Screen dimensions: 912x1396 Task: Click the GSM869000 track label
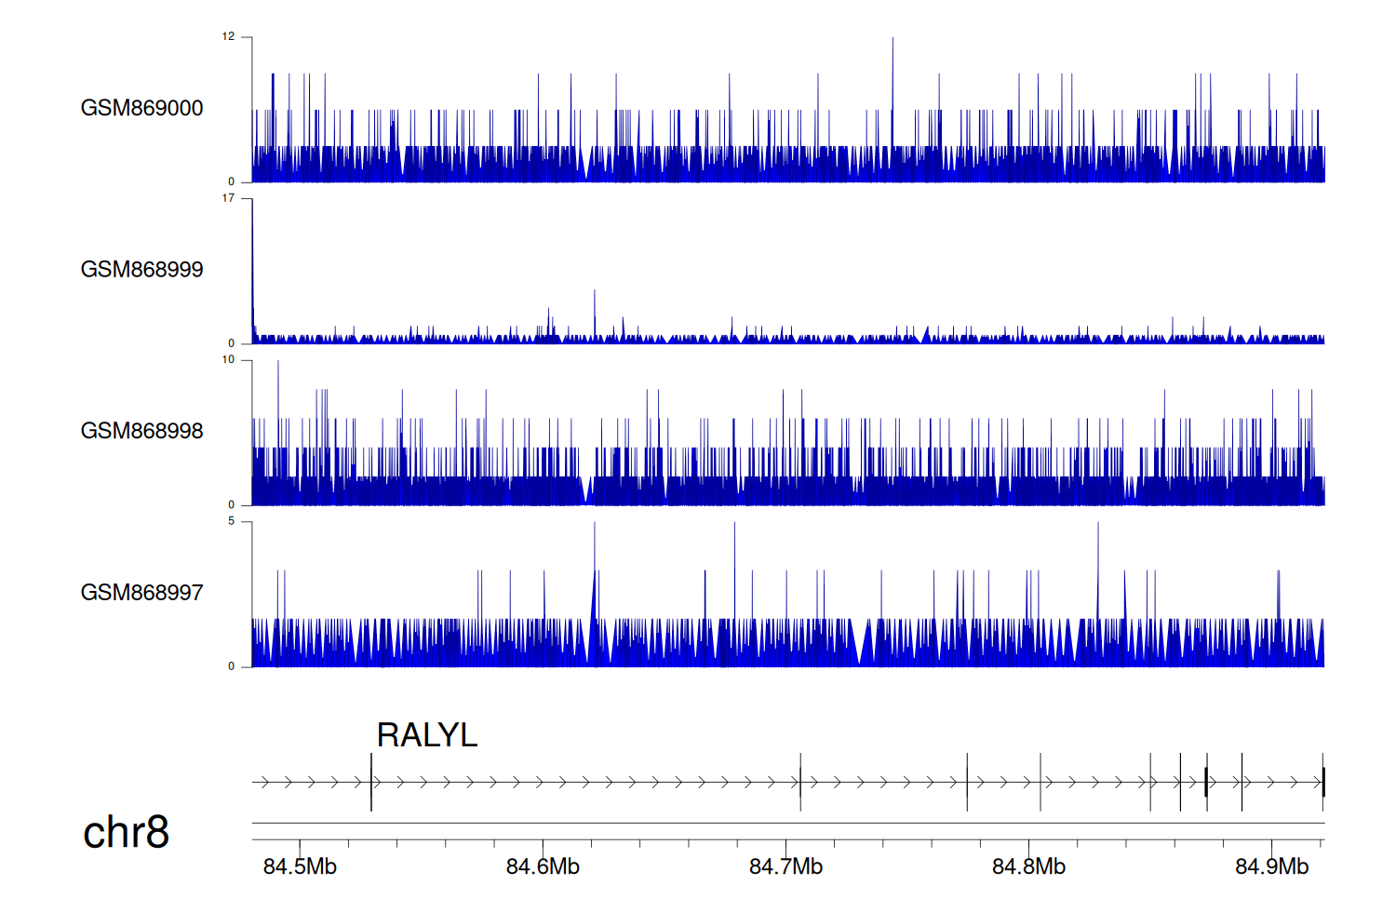click(141, 108)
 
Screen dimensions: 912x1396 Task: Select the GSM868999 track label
click(141, 270)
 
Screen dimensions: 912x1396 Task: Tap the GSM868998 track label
click(141, 431)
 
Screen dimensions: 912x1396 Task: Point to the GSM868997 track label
click(141, 593)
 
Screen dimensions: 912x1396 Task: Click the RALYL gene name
click(426, 735)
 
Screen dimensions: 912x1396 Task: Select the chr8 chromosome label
click(126, 832)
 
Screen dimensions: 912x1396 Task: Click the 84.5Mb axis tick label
click(300, 867)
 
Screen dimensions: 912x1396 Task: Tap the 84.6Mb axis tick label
click(543, 867)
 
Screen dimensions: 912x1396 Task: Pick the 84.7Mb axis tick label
click(785, 867)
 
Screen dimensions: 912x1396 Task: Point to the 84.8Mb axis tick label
click(1028, 867)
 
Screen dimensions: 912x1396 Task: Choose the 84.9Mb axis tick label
click(1271, 867)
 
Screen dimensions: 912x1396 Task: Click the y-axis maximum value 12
click(228, 37)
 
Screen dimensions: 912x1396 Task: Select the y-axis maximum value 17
click(228, 198)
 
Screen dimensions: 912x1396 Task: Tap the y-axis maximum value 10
click(228, 360)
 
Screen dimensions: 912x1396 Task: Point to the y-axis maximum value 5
click(231, 521)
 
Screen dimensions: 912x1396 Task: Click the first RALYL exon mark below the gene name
click(371, 782)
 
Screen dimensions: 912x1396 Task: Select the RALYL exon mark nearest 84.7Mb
click(800, 782)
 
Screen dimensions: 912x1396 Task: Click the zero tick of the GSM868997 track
click(232, 666)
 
